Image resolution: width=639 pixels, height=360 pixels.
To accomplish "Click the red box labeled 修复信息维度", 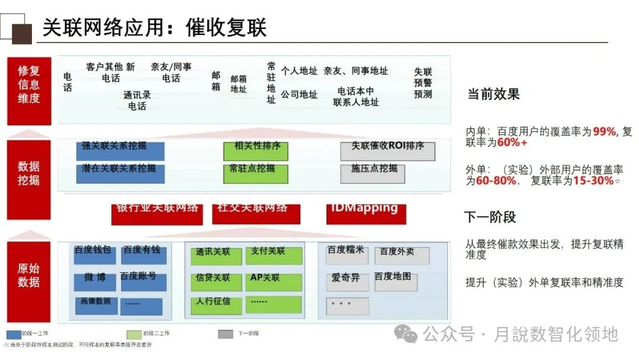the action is tap(28, 91).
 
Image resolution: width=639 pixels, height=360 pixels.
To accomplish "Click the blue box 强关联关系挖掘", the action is tap(120, 151).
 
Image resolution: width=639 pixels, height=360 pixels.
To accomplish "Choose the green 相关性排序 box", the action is tap(256, 151).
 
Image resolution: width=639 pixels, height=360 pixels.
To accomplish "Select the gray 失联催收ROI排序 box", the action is tap(388, 151).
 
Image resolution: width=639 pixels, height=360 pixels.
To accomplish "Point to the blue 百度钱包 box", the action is tap(95, 255).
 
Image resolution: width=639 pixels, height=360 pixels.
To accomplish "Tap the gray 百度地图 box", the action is tap(395, 282).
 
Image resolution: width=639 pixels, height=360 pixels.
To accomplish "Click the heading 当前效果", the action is tap(493, 94).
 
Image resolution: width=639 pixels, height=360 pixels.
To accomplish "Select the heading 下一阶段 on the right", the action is tap(490, 217).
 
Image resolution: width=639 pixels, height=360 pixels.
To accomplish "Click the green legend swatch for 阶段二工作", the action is tap(135, 334).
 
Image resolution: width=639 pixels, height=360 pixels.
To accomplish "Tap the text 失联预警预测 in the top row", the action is tap(423, 82).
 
